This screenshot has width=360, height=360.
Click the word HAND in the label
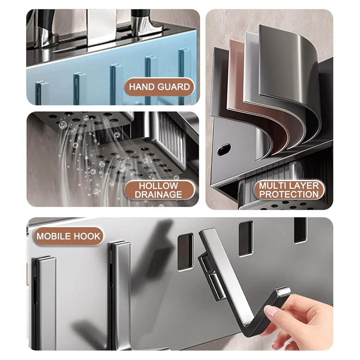tap(142, 87)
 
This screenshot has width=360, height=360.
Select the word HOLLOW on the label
tap(158, 186)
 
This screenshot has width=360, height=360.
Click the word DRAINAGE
tap(158, 195)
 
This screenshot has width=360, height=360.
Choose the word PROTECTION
tap(289, 194)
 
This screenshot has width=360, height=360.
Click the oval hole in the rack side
tap(223, 148)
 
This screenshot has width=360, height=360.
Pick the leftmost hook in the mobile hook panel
tap(44, 302)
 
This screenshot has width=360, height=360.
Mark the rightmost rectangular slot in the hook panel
tap(300, 230)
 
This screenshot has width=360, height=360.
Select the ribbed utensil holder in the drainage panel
tap(173, 137)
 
